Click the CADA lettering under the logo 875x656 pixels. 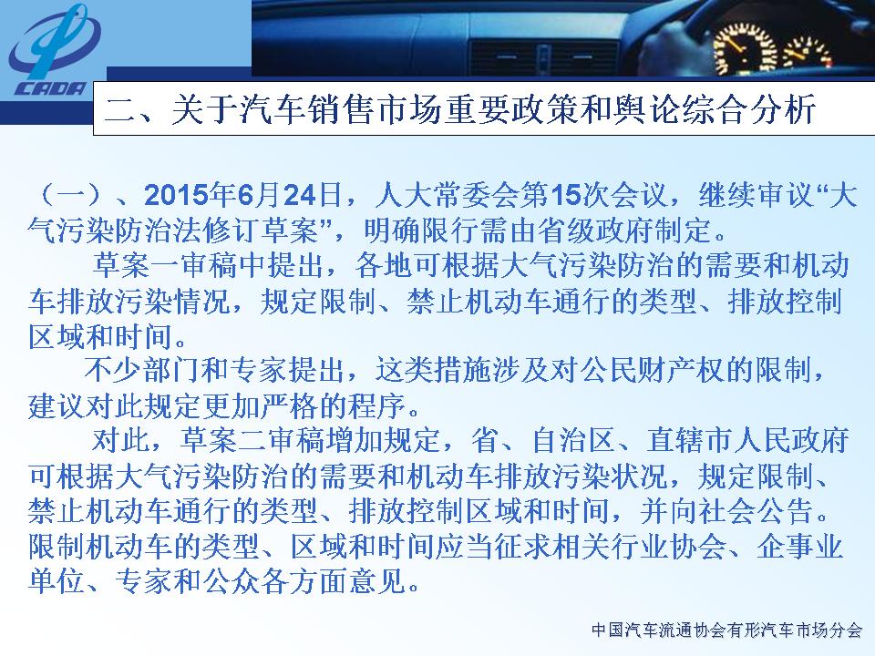click(49, 88)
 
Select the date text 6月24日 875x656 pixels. click(289, 195)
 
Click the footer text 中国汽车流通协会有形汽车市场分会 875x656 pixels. click(726, 630)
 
